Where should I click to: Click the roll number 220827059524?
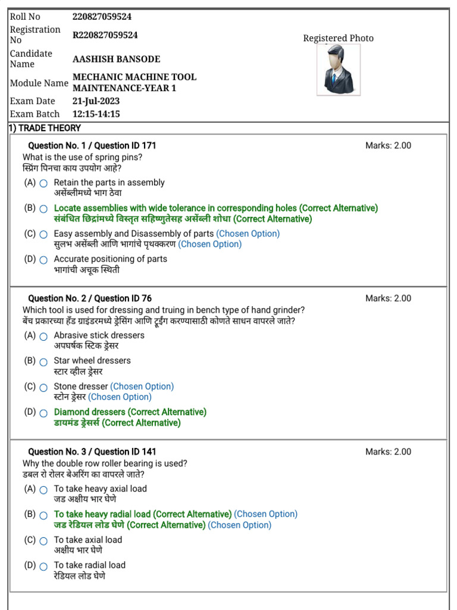[102, 17]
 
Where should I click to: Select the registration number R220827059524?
[105, 35]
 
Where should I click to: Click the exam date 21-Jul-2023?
[96, 101]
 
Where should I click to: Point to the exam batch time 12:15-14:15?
[96, 114]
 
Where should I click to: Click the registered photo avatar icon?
[338, 70]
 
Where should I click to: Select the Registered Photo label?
[338, 38]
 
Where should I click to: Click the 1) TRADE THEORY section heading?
[45, 128]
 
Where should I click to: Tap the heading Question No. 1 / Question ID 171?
[92, 145]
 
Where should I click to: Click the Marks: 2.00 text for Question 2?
[388, 298]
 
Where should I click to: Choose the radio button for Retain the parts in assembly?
[43, 183]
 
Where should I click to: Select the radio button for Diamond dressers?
[43, 413]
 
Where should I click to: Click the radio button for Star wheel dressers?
[43, 362]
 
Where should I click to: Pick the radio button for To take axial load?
[43, 541]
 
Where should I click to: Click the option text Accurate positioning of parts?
[110, 259]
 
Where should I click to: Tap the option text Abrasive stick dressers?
[99, 335]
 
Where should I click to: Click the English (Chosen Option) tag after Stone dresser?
[142, 387]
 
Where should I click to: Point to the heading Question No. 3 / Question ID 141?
[92, 452]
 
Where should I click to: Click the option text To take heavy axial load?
[100, 488]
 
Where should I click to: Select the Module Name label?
[39, 83]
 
